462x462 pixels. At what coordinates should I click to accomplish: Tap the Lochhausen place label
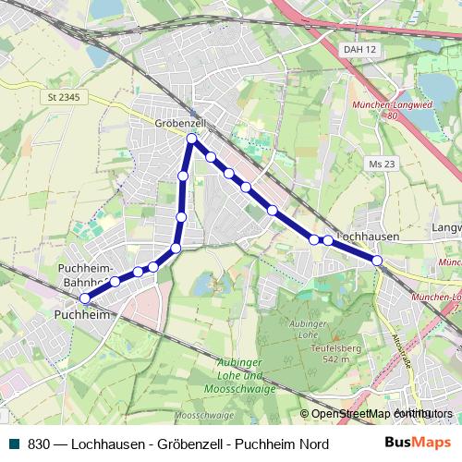click(x=369, y=237)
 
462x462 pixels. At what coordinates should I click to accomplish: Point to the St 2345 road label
click(x=63, y=95)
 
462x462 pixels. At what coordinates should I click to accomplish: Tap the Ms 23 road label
click(x=382, y=164)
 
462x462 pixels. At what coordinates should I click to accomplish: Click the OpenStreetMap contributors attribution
click(x=376, y=413)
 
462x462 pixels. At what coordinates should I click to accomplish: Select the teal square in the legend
click(x=13, y=444)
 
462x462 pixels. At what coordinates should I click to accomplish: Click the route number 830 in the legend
click(x=39, y=444)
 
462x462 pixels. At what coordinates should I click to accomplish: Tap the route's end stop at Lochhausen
click(x=377, y=261)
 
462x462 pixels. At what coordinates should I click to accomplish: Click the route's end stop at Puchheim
click(x=84, y=298)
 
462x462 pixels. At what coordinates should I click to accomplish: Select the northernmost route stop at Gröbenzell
click(x=191, y=140)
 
